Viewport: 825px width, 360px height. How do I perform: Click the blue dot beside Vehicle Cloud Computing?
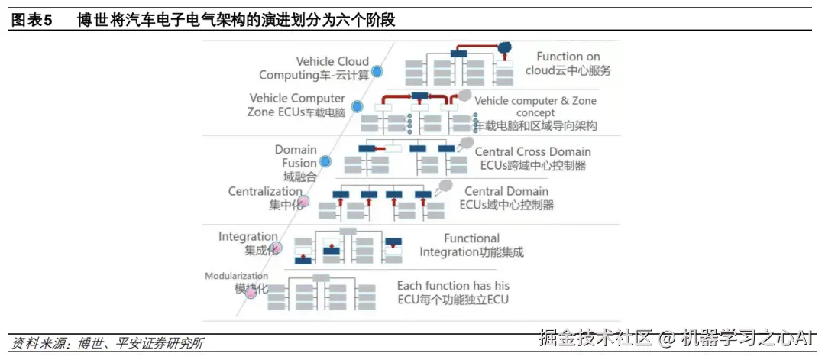(x=377, y=72)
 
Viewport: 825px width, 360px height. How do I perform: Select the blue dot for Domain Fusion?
(x=325, y=161)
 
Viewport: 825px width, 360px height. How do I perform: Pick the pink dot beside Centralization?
(x=302, y=201)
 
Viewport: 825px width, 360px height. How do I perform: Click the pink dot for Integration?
(x=277, y=248)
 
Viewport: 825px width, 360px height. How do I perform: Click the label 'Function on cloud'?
(x=568, y=57)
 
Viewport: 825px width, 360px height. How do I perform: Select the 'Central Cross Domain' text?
(x=532, y=151)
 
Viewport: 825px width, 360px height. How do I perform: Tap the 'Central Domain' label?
(x=506, y=191)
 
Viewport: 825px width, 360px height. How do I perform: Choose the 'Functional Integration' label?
(x=471, y=238)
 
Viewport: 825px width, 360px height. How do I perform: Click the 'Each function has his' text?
(x=452, y=285)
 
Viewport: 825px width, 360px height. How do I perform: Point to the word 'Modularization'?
(x=236, y=276)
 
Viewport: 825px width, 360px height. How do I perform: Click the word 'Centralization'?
(x=265, y=191)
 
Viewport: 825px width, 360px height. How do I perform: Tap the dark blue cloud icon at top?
(x=503, y=47)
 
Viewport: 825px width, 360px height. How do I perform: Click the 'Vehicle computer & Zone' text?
(x=535, y=101)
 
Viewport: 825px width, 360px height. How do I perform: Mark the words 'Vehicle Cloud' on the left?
(x=332, y=61)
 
